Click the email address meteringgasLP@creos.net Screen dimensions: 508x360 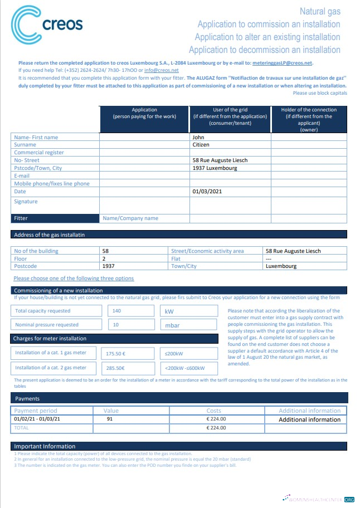pos(283,63)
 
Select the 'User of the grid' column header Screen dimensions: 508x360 pos(230,116)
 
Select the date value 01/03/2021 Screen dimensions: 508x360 pos(206,192)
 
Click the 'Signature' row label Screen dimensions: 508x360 pos(26,202)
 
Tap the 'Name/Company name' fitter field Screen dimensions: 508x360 pos(130,218)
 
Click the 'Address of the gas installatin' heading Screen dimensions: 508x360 pos(49,235)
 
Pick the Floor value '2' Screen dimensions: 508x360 pos(104,258)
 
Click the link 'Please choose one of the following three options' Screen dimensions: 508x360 pos(74,278)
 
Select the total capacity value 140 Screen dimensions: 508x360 pos(117,311)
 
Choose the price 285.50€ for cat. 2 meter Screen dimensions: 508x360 pos(115,368)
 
